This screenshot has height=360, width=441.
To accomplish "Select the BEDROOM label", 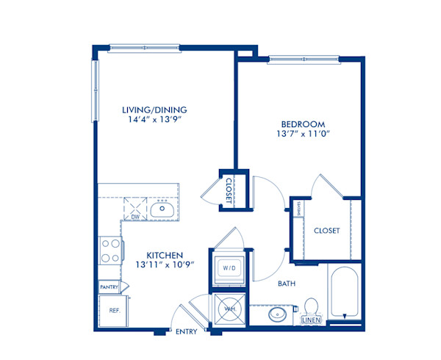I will pos(303,123).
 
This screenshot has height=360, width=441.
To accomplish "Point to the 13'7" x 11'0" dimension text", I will pos(303,135).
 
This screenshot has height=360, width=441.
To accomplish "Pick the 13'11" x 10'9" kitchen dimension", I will pos(163,266).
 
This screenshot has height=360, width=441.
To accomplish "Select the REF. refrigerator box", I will pos(115,309).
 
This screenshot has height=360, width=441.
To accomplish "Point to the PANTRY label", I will pos(109,287).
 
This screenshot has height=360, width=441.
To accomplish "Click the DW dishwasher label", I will pos(135,217).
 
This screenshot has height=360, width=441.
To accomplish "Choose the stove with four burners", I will pos(110,250).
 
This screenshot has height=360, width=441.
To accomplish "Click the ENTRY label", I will pos(186,332).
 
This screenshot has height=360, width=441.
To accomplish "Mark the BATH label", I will pos(287,283).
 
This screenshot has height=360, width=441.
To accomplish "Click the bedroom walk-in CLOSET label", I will pos(326,231).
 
